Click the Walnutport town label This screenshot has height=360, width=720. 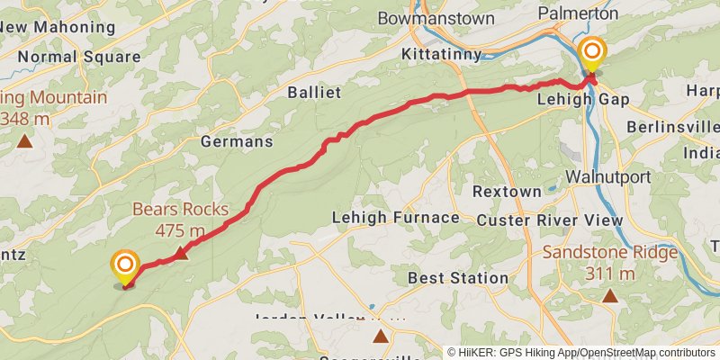coord(608,176)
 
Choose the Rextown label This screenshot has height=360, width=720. coord(508,192)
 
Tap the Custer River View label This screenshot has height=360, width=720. coord(549,220)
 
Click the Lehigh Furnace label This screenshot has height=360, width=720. coord(396,218)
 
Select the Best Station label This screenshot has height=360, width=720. coord(458,278)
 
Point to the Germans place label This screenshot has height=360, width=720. coord(237,141)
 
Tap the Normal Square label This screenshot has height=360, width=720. coord(79,56)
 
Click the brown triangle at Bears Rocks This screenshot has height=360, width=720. coord(180,253)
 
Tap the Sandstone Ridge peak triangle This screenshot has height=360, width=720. coord(610,295)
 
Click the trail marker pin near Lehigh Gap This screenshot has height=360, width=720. coord(591,54)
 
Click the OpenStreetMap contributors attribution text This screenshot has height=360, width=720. coord(647,353)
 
